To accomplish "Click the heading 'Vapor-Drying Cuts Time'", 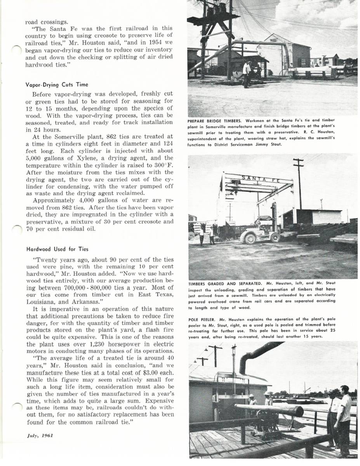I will (57, 85).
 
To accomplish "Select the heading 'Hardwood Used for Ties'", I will (57, 249).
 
